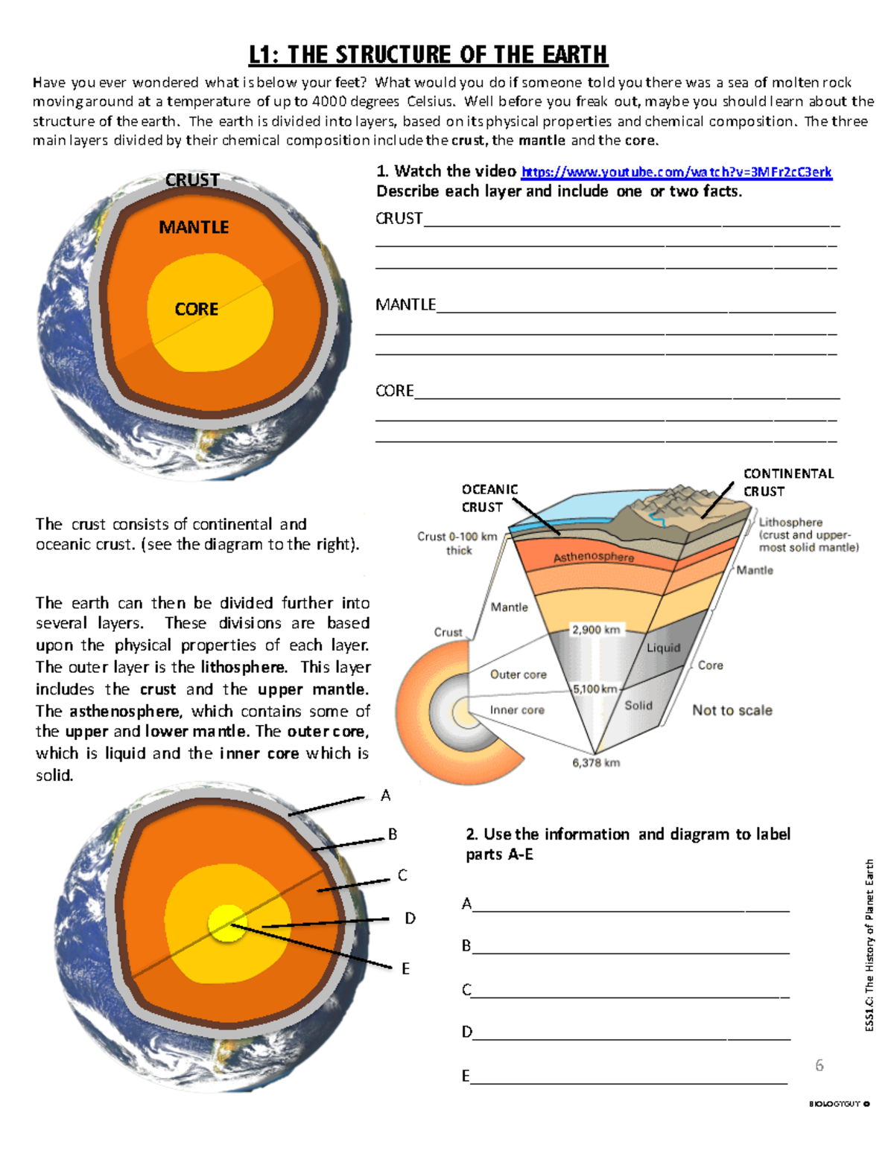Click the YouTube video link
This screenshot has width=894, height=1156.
tap(676, 172)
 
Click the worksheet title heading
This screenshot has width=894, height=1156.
tap(428, 55)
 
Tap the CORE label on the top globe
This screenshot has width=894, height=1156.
tap(197, 309)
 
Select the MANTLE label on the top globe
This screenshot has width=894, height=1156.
tap(194, 227)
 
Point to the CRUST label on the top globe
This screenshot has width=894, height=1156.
tap(192, 180)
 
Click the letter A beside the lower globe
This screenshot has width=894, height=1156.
tap(385, 796)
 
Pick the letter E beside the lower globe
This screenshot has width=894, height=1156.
tap(405, 968)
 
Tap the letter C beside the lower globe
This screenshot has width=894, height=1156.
tap(402, 875)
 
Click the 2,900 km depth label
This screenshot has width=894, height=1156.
tap(596, 630)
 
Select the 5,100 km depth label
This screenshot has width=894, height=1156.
tap(595, 689)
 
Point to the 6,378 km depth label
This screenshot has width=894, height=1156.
tap(596, 762)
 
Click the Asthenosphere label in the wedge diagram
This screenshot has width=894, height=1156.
tap(594, 557)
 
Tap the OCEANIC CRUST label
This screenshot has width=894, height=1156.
tap(489, 498)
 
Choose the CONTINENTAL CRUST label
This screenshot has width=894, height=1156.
tap(788, 482)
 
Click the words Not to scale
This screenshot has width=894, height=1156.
tap(732, 710)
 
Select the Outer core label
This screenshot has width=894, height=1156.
tap(519, 674)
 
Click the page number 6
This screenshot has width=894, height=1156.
tap(819, 1065)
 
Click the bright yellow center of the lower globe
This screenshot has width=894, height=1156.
tap(226, 923)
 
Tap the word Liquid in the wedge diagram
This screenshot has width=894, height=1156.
tap(663, 648)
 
